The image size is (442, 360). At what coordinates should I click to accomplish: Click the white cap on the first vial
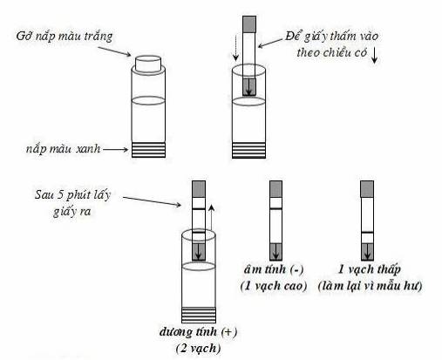click(x=148, y=64)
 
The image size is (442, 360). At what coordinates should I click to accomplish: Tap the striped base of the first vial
click(x=148, y=150)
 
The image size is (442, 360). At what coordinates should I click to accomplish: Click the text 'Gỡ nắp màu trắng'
click(x=65, y=37)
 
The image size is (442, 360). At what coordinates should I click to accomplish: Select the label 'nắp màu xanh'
click(x=63, y=149)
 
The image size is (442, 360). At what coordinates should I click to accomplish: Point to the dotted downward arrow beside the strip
click(x=236, y=47)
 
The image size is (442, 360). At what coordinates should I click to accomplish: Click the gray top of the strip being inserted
click(x=249, y=24)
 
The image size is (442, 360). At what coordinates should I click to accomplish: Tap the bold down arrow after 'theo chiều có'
click(x=374, y=55)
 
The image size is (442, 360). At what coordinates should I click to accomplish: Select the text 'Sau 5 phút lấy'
click(x=72, y=195)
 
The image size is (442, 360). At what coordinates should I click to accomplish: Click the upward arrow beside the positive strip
click(x=211, y=219)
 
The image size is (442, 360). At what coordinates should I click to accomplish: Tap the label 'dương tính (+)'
click(x=198, y=331)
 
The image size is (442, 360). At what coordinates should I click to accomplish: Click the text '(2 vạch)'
click(x=198, y=348)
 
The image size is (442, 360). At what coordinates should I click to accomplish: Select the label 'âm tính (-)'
click(x=274, y=269)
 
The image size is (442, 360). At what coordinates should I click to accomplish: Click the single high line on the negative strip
click(x=275, y=208)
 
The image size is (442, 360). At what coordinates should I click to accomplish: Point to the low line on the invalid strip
click(x=367, y=233)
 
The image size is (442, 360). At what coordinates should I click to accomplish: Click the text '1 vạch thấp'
click(x=369, y=269)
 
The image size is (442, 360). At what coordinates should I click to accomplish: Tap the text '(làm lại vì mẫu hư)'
click(x=370, y=286)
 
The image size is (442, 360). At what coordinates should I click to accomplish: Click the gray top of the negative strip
click(x=275, y=189)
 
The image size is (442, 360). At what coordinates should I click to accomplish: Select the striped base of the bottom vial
click(x=199, y=315)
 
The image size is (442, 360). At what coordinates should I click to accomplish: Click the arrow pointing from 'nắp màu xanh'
click(x=115, y=150)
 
